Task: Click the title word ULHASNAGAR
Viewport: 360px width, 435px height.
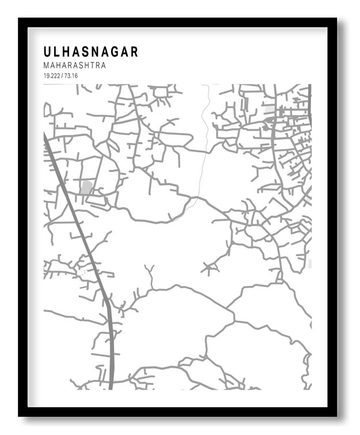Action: pyautogui.click(x=90, y=52)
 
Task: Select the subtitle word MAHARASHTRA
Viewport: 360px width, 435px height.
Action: pyautogui.click(x=74, y=66)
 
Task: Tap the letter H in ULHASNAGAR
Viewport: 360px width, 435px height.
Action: pyautogui.click(x=67, y=52)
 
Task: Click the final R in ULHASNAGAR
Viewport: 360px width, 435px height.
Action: pyautogui.click(x=134, y=52)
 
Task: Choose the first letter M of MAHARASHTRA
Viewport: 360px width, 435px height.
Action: pyautogui.click(x=46, y=66)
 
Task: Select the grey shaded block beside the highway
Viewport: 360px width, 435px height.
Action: pyautogui.click(x=86, y=187)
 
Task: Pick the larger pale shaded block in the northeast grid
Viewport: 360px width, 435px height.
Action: pyautogui.click(x=269, y=108)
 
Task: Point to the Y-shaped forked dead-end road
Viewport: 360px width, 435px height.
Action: pyautogui.click(x=150, y=272)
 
